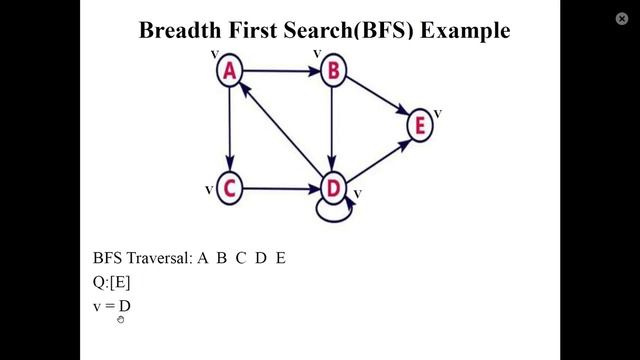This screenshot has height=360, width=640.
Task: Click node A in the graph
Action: [x=230, y=71]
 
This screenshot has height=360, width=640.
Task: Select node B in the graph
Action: [x=333, y=71]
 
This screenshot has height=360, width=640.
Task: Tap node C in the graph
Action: [x=230, y=188]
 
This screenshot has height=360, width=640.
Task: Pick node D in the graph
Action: [x=333, y=188]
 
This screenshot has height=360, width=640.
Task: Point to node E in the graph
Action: [x=421, y=126]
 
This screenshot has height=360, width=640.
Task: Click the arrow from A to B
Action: [x=281, y=71]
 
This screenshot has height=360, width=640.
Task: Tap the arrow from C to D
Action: [x=281, y=188]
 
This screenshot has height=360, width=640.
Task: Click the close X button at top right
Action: [x=622, y=18]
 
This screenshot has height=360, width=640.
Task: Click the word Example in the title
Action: [x=465, y=31]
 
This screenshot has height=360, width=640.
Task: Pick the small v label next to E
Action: [x=438, y=113]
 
